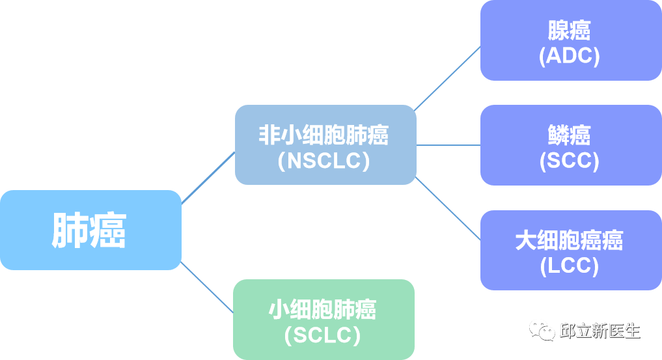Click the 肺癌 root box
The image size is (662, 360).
point(90,230)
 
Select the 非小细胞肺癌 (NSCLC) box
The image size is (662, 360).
point(325,145)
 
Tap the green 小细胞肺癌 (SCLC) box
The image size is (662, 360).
point(324,320)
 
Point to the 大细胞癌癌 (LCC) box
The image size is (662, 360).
point(570,251)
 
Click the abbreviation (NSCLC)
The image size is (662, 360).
point(324,160)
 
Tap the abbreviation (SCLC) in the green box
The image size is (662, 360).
point(323,335)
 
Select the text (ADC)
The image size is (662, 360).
point(570,56)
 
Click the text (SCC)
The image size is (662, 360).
point(570,161)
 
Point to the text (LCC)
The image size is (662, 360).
point(570,266)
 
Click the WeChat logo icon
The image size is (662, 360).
point(542,329)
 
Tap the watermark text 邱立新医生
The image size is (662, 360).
point(600,331)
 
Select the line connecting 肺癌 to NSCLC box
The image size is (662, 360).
point(208,177)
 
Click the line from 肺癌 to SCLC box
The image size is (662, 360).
point(207,287)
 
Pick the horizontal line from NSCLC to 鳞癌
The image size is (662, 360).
point(448,145)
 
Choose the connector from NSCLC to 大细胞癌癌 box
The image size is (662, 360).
point(448,208)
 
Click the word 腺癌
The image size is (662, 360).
point(570,30)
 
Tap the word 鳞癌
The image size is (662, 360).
point(570,135)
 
